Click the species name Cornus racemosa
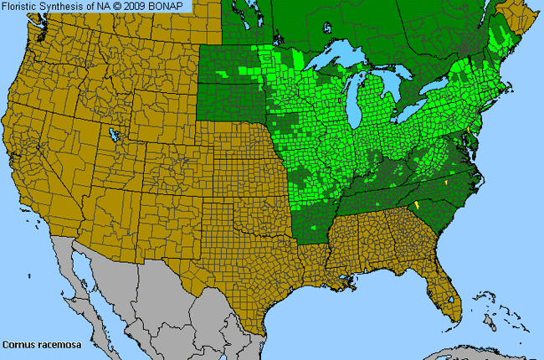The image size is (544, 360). point(37,344)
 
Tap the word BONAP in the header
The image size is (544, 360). point(170,6)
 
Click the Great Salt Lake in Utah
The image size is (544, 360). point(111,132)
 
